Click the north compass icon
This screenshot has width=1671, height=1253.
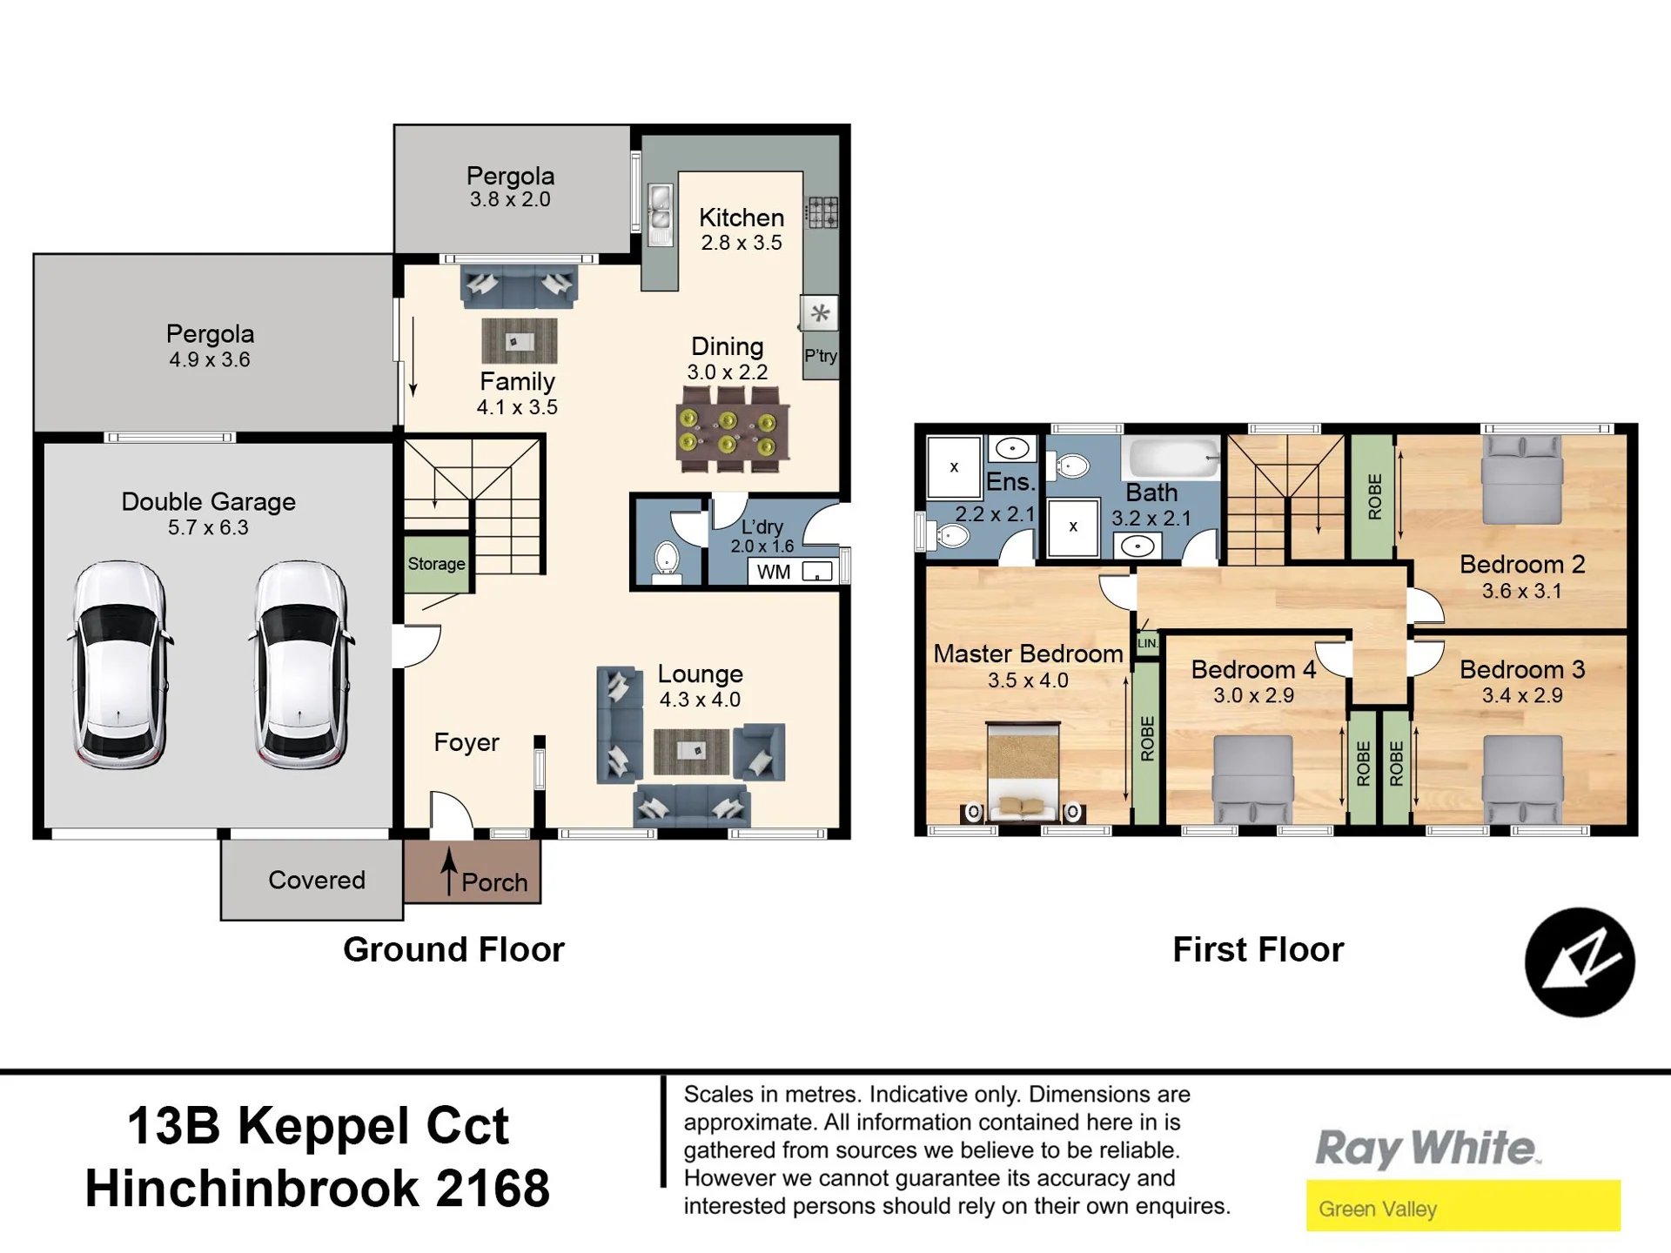coord(1580,962)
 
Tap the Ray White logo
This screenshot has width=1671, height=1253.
coord(1426,1149)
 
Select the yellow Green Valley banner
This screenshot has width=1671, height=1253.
coord(1463,1205)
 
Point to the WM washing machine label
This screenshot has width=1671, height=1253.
coord(774,572)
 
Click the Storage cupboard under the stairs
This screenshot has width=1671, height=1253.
coord(437,563)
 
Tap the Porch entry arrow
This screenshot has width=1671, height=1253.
coord(449,871)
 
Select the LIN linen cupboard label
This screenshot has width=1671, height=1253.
coord(1147,643)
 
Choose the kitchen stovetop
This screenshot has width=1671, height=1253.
coord(822,212)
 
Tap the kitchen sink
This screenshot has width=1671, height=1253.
coord(661,215)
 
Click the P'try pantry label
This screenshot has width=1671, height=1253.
coord(821,356)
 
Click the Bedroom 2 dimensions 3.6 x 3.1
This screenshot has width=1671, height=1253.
coord(1522,591)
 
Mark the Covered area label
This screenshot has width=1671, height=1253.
coord(317,880)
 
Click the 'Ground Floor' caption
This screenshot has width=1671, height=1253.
coord(453,949)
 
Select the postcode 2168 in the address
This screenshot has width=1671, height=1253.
coord(493,1188)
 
